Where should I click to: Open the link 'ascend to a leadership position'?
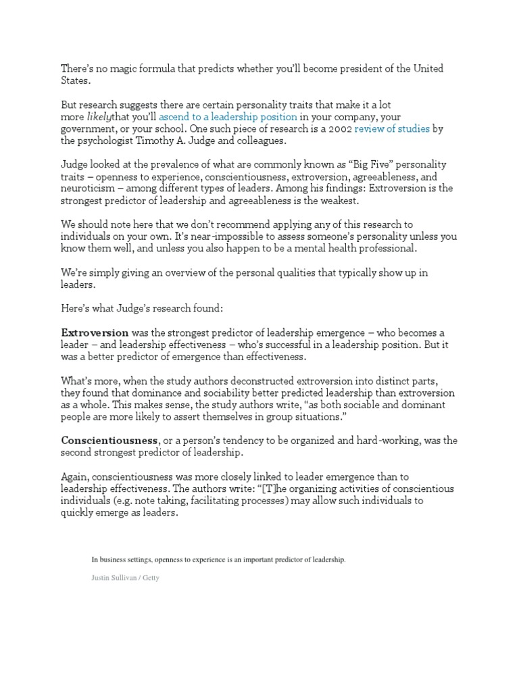(228, 117)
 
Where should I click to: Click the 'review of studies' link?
(392, 128)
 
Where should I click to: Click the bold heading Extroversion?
(95, 332)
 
